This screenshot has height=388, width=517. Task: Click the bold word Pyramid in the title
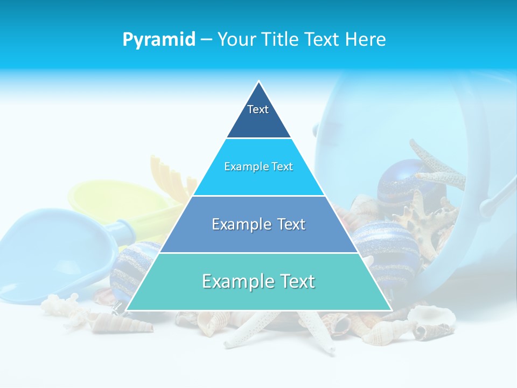pyautogui.click(x=158, y=40)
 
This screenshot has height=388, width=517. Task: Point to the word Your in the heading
pyautogui.click(x=237, y=39)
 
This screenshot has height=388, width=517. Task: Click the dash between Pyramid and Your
pyautogui.click(x=206, y=40)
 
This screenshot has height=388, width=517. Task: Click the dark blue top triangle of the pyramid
pyautogui.click(x=258, y=121)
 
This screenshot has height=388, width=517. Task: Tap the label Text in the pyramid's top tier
pyautogui.click(x=258, y=109)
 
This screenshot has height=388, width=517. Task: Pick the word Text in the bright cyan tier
pyautogui.click(x=281, y=167)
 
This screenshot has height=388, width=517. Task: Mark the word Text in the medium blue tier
pyautogui.click(x=291, y=224)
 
